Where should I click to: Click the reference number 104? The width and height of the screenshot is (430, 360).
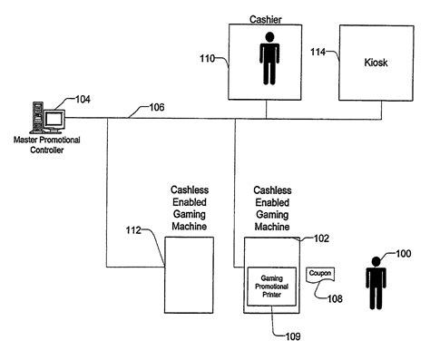coord(83,99)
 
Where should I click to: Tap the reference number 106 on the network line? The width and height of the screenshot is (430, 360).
coord(157,107)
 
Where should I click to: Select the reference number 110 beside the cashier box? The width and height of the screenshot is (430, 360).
coord(207,58)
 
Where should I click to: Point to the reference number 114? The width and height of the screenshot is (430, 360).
coord(318,52)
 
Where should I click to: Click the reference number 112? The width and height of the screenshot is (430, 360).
coord(133,230)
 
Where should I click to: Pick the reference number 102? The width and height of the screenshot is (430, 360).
coord(321,238)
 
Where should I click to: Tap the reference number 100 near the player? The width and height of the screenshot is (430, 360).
coord(404,253)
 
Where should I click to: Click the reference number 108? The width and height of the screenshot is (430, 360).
coord(335,298)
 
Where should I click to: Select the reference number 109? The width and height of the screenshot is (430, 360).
coord(293,336)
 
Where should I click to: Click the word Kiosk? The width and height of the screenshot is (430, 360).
coord(376,63)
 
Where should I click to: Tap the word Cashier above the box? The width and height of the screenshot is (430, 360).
coord(266,20)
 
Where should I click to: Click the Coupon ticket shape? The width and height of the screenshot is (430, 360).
coord(320,275)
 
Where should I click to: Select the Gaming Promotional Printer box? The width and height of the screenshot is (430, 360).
coord(272,287)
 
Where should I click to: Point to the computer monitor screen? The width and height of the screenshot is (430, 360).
coord(54,120)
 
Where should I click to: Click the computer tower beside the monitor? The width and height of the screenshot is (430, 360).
coord(38,117)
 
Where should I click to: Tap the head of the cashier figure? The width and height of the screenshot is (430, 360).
coord(269,37)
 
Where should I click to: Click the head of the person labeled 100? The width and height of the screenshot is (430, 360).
coord(376,261)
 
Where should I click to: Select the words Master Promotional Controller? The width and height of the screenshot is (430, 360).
coord(47,145)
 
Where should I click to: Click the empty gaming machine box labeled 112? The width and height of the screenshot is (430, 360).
coord(189,275)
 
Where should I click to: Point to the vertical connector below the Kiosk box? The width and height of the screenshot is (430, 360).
coord(381,110)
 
